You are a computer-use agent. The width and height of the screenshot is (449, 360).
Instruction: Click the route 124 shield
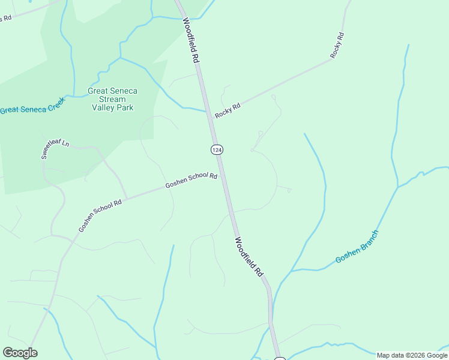(x=217, y=149)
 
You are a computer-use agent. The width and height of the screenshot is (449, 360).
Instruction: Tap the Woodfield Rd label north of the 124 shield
(x=191, y=41)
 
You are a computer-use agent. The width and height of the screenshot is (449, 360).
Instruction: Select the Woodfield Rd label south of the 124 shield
(x=249, y=257)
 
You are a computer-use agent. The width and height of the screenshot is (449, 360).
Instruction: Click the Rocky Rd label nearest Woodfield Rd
(x=228, y=110)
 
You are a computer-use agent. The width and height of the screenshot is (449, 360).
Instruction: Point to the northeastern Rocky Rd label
(x=337, y=45)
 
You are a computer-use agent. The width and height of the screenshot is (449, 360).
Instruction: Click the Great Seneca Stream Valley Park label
(x=112, y=99)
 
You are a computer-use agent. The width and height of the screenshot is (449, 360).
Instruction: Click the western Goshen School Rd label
(x=100, y=216)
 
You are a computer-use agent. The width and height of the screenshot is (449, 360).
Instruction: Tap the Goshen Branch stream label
(x=357, y=247)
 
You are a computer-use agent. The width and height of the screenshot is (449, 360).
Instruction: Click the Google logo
(x=20, y=353)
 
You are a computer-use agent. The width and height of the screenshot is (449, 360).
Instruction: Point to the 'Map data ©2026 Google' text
(x=412, y=355)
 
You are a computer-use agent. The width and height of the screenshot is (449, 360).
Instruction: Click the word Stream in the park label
(x=112, y=99)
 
